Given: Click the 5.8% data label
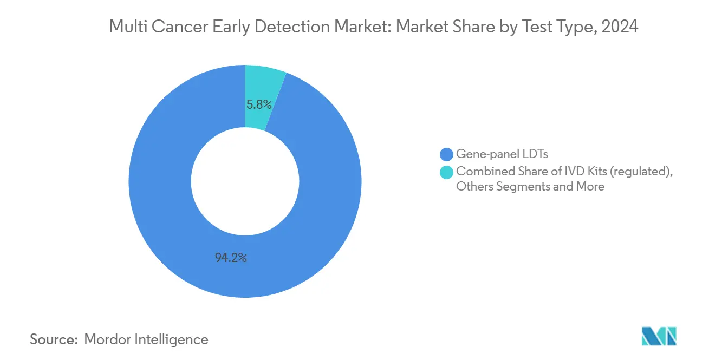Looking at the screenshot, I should coord(259,104).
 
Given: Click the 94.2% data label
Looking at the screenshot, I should coord(231,258).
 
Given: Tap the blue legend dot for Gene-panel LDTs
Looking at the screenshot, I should coord(447,154).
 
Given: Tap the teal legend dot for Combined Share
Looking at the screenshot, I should coord(447,172).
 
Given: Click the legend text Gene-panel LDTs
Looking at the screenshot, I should coord(502,154).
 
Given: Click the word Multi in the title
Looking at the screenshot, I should coord(125,27).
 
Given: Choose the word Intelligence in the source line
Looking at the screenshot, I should coord(174,339).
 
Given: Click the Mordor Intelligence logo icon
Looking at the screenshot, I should coord(659,336).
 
